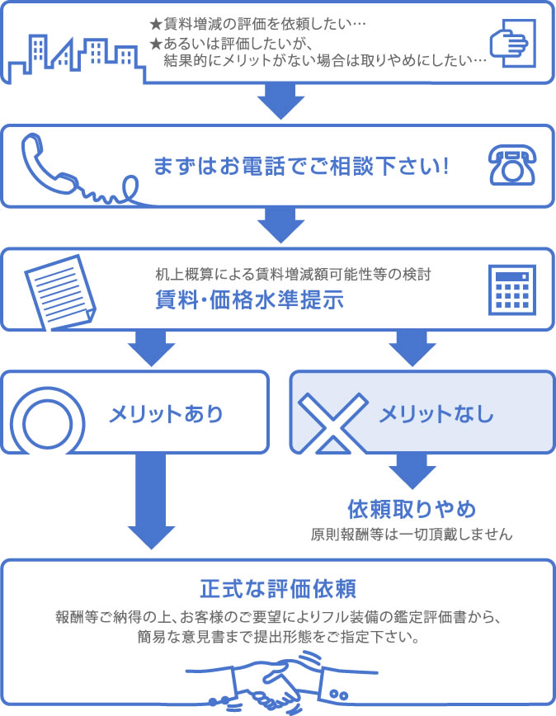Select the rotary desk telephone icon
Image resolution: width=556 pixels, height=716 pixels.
[x=511, y=164]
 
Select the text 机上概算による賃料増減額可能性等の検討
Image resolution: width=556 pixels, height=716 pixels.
[x=293, y=274]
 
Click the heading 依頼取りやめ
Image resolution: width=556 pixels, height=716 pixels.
[x=412, y=506]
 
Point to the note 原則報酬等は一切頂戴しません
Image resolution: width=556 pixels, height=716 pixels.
[x=412, y=534]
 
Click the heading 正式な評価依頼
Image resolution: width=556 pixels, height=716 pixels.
[x=277, y=590]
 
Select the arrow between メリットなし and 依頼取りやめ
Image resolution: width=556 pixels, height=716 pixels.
[x=412, y=471]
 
